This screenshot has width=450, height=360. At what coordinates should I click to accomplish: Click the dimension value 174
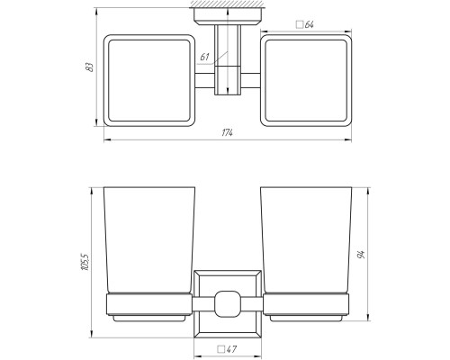(227, 132)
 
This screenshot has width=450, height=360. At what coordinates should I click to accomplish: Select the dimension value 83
(90, 67)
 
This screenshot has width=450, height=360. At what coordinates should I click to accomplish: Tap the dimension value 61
(204, 57)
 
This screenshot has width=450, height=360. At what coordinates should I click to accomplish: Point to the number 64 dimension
(310, 24)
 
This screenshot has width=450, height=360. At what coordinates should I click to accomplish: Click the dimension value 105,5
(85, 262)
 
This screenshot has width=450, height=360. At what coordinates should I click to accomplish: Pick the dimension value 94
(361, 255)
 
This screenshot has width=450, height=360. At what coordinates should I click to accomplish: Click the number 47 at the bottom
(231, 349)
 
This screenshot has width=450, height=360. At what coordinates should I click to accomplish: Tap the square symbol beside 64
(300, 24)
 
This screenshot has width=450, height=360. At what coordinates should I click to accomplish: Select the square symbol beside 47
(221, 349)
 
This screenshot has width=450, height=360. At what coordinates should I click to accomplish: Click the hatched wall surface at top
(228, 4)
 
